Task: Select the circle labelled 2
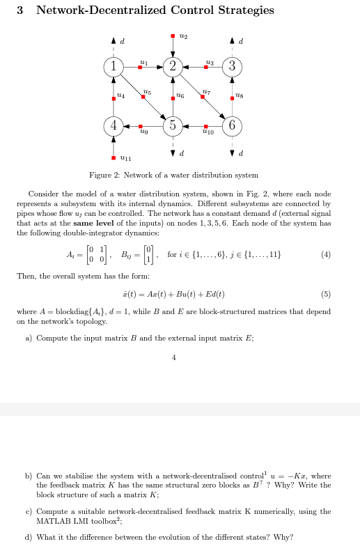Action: pos(173,67)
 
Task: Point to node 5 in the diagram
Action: pos(173,126)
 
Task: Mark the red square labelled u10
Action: pos(203,126)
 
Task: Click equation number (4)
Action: pos(325,255)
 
